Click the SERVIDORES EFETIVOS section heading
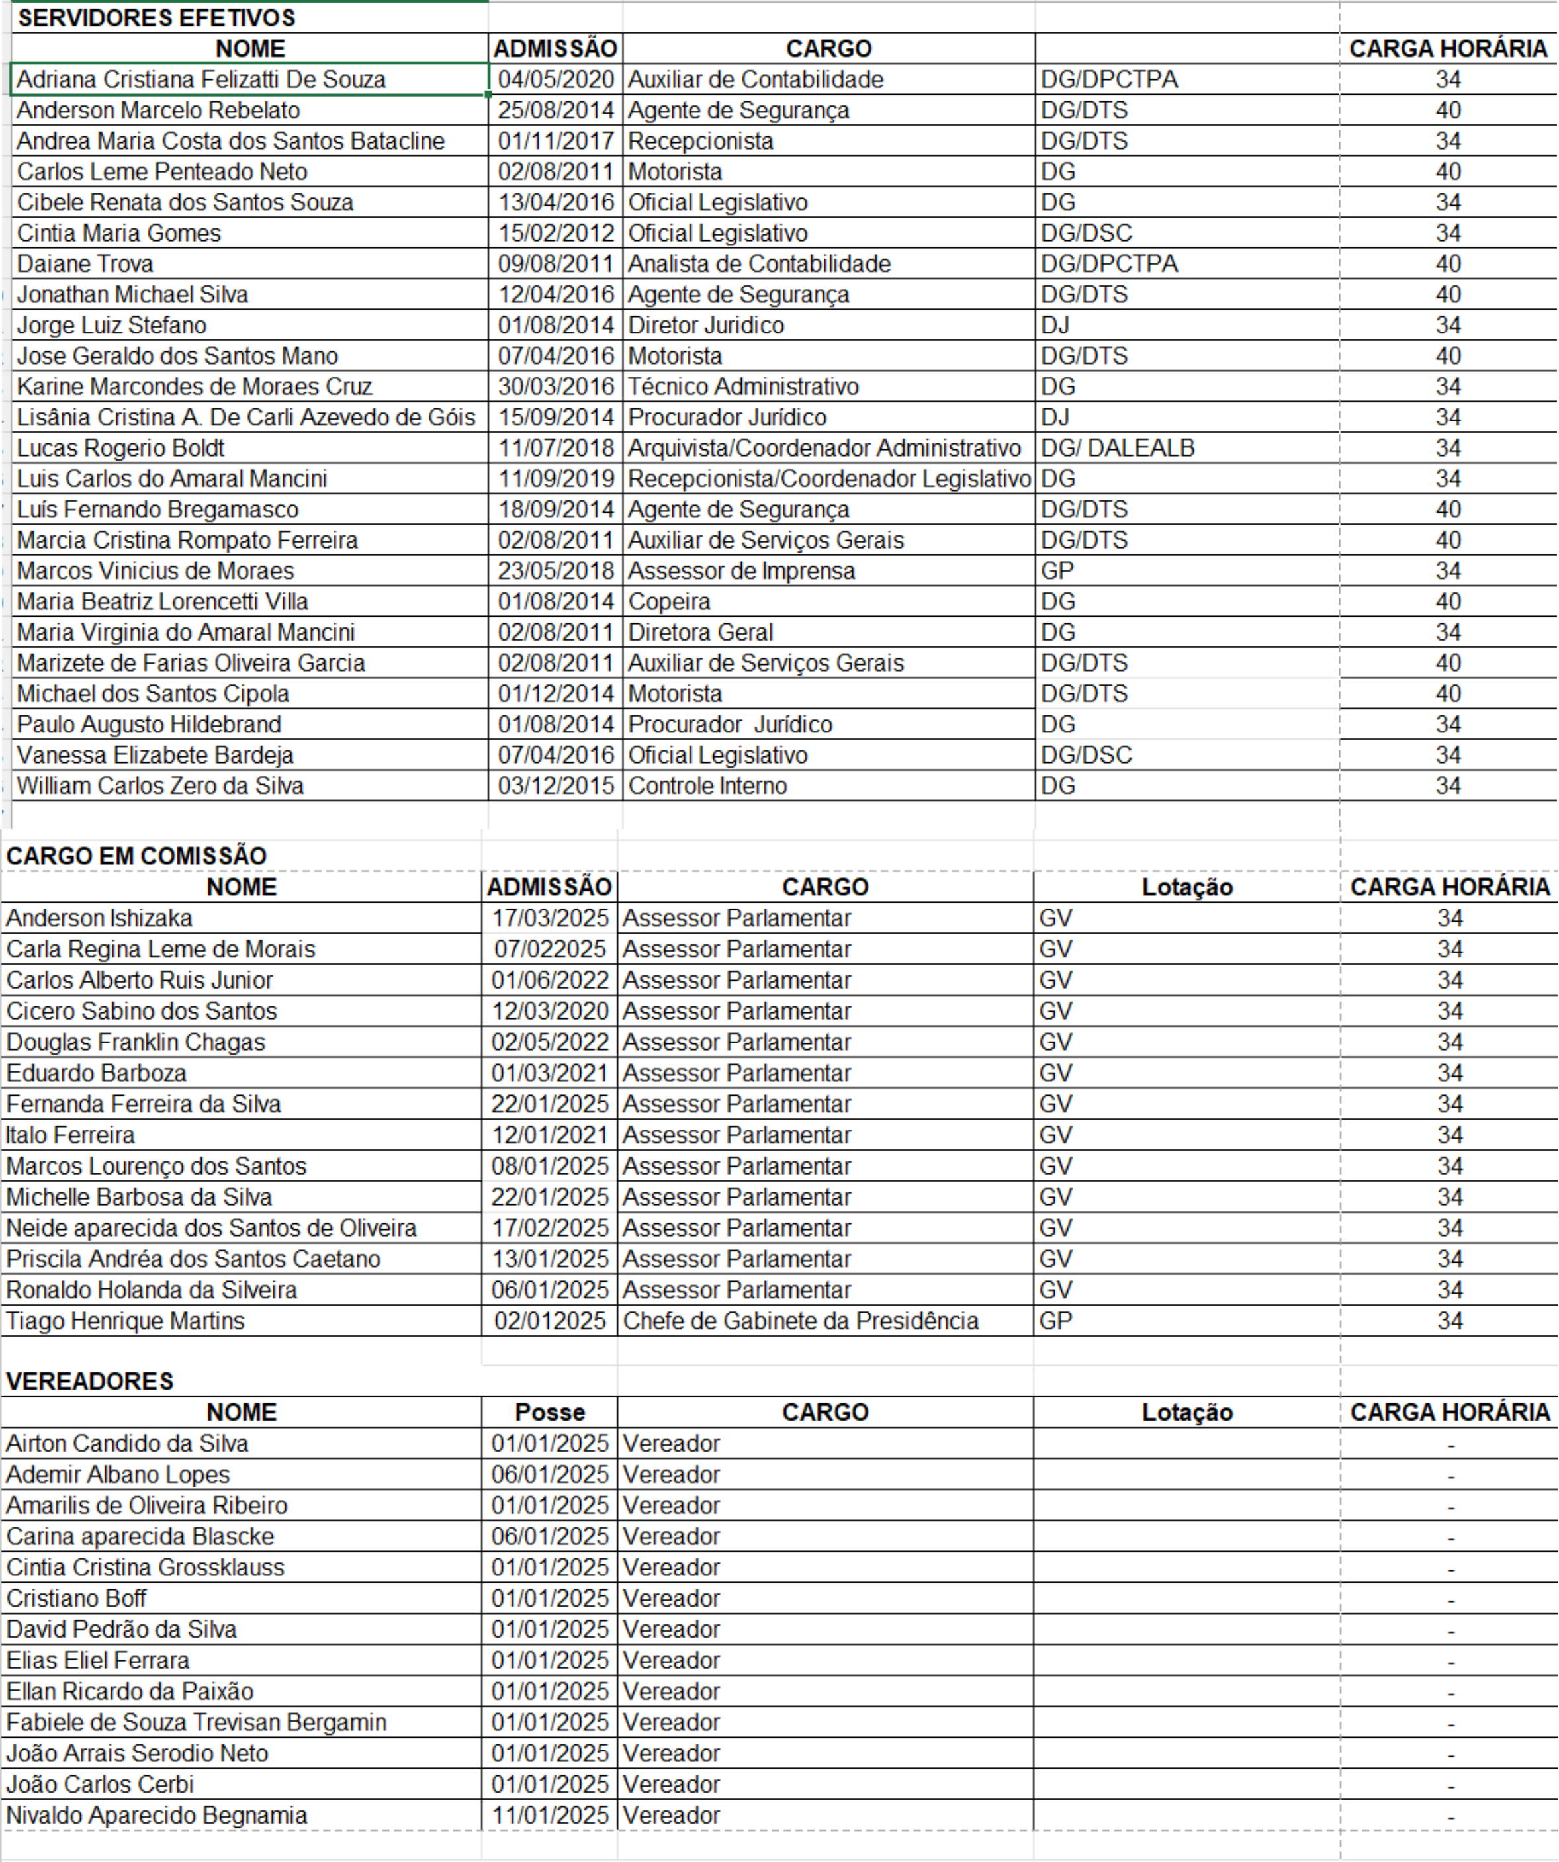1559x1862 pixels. [x=156, y=18]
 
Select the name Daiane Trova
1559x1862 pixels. [x=85, y=263]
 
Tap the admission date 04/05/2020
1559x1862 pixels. [x=555, y=80]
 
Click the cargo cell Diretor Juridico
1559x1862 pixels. [x=706, y=326]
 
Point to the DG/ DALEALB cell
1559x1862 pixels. [x=1118, y=448]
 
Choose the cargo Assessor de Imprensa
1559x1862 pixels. [x=741, y=571]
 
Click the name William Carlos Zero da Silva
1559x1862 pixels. [x=161, y=785]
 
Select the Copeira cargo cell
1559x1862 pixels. [x=670, y=602]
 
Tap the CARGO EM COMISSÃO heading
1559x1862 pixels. [x=136, y=856]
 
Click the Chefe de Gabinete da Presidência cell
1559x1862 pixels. [x=801, y=1321]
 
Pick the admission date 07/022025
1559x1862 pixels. [x=550, y=949]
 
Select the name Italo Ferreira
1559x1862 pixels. [x=70, y=1135]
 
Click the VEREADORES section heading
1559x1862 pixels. [x=89, y=1380]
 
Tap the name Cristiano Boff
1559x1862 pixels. [x=76, y=1598]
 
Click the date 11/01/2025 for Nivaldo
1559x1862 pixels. [x=550, y=1815]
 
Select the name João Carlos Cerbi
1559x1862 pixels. [x=99, y=1784]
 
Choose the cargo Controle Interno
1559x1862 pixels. [x=707, y=785]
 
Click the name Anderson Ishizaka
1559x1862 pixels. [x=99, y=918]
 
